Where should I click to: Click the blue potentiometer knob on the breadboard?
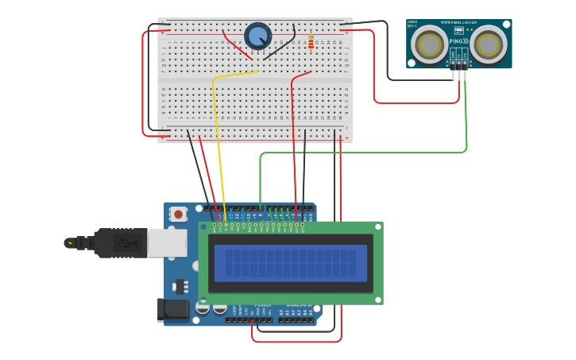(x=257, y=35)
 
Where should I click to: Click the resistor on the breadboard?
(x=310, y=41)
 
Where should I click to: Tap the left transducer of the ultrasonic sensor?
(x=430, y=45)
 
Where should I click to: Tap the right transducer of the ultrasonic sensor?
(x=488, y=45)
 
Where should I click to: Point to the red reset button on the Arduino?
(x=179, y=214)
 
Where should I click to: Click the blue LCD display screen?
(x=290, y=262)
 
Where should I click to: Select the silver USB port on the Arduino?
(x=167, y=243)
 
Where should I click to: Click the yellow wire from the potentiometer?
(x=220, y=143)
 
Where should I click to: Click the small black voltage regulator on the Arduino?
(x=180, y=285)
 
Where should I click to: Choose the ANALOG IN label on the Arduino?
(x=300, y=305)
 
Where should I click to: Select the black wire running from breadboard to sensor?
(x=389, y=56)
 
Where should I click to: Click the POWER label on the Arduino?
(x=262, y=305)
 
